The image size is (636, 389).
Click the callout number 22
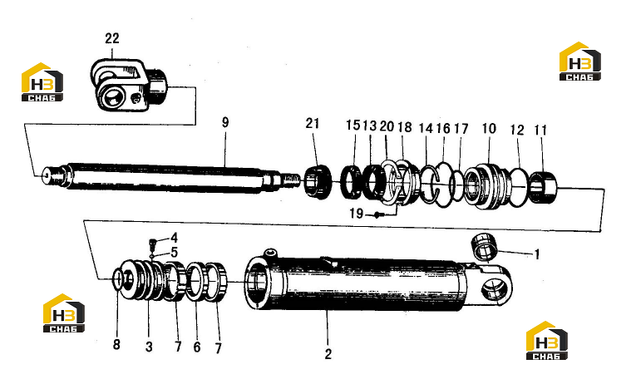click(112, 38)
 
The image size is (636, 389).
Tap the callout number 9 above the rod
click(225, 122)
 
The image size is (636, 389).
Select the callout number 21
click(313, 123)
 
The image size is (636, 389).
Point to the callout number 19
click(356, 213)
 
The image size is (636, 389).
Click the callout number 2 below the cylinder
click(328, 354)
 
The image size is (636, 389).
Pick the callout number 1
click(537, 254)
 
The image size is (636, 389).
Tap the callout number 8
click(116, 345)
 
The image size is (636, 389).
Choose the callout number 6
click(197, 347)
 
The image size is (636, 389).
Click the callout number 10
click(489, 129)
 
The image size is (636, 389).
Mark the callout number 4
click(174, 238)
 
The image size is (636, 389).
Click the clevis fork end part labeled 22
click(128, 85)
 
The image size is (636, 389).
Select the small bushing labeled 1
click(484, 246)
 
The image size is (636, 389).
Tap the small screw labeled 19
click(377, 214)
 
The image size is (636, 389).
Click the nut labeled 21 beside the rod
click(317, 181)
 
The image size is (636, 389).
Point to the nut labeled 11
click(544, 187)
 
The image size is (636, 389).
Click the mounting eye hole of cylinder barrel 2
click(495, 290)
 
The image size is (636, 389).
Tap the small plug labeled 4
click(153, 244)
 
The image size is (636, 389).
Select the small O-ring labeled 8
click(117, 280)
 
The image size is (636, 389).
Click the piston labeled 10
click(486, 186)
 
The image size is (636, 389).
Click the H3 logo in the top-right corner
click(580, 62)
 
